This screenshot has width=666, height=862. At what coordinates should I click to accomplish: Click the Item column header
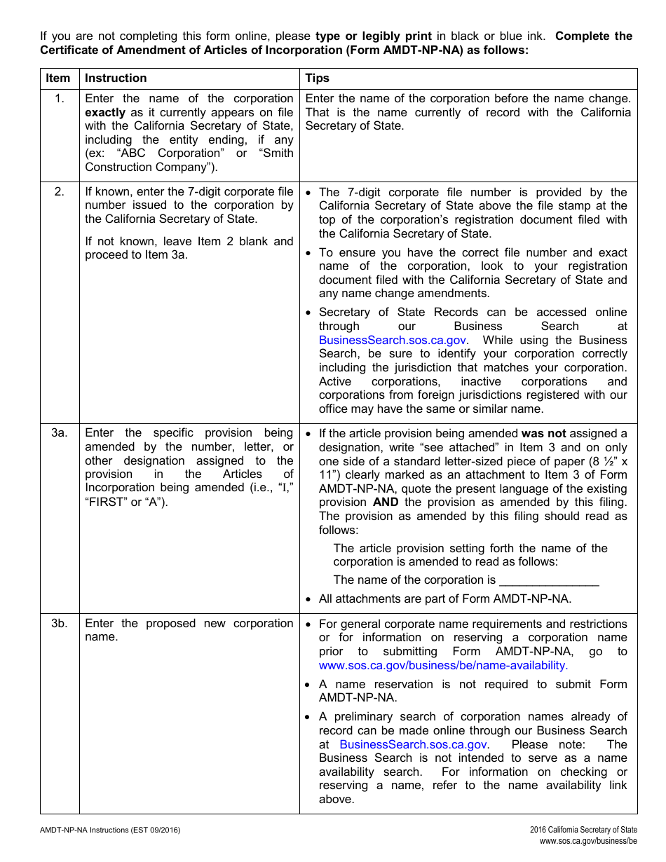pos(58,78)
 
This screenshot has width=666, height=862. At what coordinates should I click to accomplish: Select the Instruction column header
pos(116,78)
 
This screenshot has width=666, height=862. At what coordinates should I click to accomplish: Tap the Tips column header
pos(318,78)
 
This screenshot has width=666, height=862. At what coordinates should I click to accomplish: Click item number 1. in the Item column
pos(59,99)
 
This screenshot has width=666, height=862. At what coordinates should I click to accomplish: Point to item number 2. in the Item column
pos(59,192)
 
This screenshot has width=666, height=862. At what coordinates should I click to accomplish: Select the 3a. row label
pos(59,433)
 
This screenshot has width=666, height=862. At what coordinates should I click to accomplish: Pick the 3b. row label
pos(59,624)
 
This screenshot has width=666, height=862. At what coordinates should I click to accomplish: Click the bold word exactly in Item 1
pos(105,112)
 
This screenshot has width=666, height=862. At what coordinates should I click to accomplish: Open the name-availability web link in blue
pos(443,665)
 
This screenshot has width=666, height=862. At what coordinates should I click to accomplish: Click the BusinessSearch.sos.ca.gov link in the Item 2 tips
pos(393,340)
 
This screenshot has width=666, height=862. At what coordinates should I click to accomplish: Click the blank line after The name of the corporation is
pos(549,580)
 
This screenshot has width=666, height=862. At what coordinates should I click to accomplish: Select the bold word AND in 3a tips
pos(386,502)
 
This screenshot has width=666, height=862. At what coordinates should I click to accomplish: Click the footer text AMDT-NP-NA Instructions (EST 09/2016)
pos(110,830)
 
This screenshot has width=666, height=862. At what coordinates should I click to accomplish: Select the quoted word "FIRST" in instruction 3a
pos(106,502)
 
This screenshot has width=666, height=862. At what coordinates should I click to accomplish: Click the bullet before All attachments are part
pos(309,599)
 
